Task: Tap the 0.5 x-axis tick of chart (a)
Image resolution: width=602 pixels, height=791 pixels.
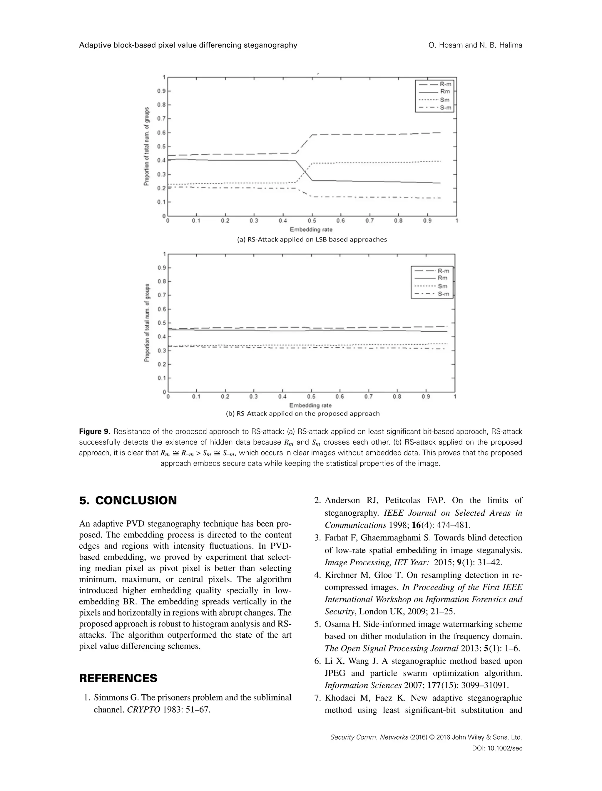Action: click(312, 221)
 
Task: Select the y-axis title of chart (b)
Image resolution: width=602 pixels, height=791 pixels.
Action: click(147, 323)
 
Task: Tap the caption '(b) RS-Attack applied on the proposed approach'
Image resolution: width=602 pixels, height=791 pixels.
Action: click(302, 413)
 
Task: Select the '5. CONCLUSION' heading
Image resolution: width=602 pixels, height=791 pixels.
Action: click(128, 500)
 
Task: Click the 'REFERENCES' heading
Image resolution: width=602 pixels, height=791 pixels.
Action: click(118, 678)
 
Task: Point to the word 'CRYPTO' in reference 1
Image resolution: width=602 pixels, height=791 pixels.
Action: click(143, 709)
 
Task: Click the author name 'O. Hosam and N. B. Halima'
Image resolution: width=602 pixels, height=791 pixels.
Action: click(475, 45)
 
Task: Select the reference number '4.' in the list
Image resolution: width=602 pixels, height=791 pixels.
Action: click(317, 575)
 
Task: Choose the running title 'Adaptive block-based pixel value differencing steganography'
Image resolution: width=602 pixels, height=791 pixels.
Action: click(188, 45)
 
